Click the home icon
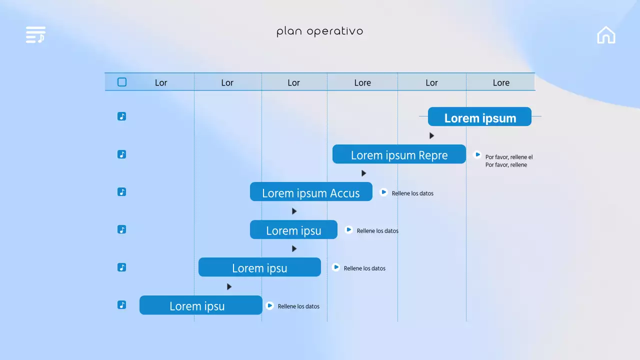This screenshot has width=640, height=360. [x=606, y=35]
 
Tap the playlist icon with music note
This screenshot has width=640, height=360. [x=35, y=34]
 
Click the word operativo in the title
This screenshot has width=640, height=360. [x=335, y=31]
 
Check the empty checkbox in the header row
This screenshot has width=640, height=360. [x=122, y=82]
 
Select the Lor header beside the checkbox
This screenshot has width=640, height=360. [x=161, y=83]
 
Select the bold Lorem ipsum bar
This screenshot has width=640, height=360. [x=479, y=116]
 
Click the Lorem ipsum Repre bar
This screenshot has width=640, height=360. [x=399, y=154]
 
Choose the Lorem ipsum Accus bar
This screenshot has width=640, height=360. [x=311, y=191]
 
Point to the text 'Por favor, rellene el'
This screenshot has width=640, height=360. [x=509, y=157]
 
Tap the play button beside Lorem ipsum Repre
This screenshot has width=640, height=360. [x=477, y=154]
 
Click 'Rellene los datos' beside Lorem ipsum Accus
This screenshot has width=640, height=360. [x=412, y=193]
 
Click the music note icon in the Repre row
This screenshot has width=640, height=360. [x=121, y=154]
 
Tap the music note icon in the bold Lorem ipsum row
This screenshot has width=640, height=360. [x=121, y=116]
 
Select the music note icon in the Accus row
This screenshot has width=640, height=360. [x=121, y=191]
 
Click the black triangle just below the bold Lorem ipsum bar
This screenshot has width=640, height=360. [x=431, y=135]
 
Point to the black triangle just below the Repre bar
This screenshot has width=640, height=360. [x=363, y=173]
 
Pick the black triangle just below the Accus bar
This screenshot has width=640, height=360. [x=294, y=211]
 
